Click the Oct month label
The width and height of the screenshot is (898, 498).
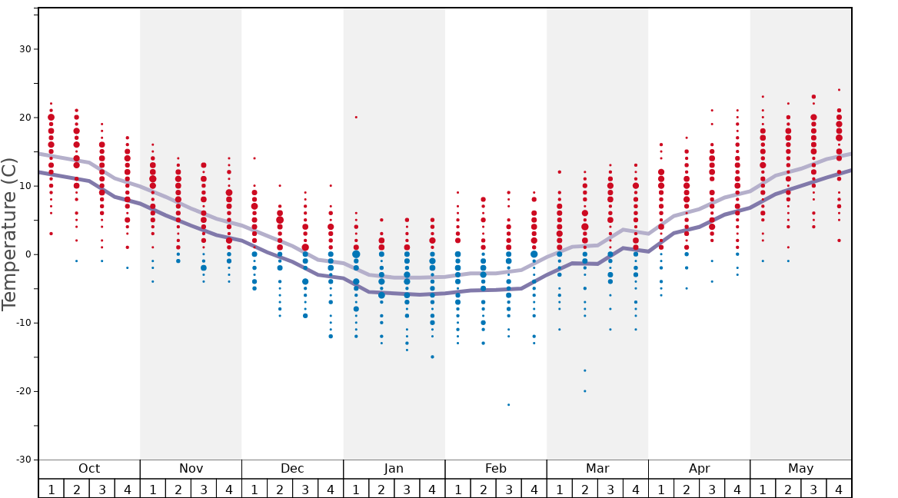click(89, 469)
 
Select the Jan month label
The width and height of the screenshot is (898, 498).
click(394, 469)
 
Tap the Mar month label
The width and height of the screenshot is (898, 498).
click(597, 469)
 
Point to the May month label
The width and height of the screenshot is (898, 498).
click(800, 469)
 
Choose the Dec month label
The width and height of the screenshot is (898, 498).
click(292, 469)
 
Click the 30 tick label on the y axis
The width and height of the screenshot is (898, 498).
click(25, 49)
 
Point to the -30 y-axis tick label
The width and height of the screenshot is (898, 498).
click(22, 460)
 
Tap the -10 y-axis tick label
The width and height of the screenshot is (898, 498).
click(22, 323)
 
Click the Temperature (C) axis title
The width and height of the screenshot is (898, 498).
click(9, 234)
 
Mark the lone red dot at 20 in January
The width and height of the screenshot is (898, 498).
click(356, 118)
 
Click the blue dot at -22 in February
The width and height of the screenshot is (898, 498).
click(508, 405)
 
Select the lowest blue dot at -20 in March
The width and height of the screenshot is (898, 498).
click(584, 391)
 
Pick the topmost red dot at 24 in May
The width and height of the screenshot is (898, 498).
click(839, 90)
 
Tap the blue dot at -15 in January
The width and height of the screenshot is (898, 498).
click(432, 357)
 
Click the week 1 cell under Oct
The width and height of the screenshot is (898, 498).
click(52, 489)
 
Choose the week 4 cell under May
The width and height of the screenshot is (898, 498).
click(839, 489)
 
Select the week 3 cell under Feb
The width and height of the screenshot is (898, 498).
click(508, 489)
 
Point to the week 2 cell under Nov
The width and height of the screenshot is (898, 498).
click(178, 489)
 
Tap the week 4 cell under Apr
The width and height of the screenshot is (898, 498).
click(737, 489)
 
